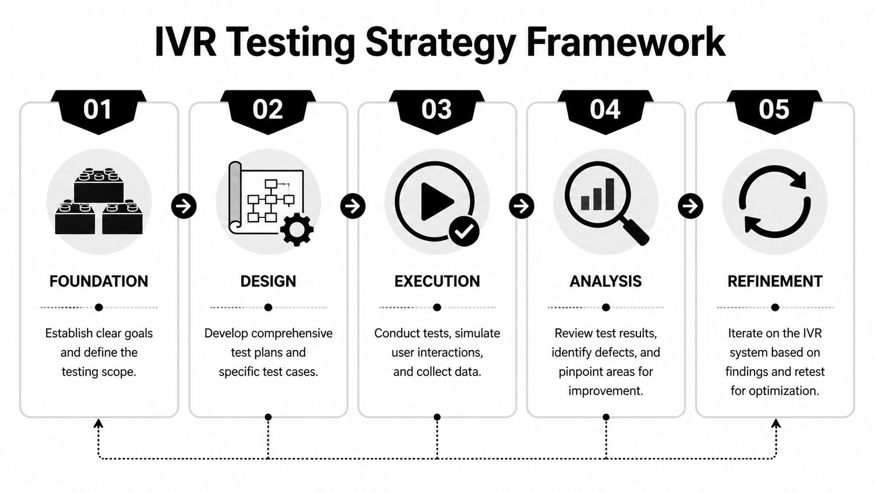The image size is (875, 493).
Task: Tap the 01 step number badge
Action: (x=98, y=110)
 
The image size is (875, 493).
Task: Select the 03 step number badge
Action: (x=436, y=110)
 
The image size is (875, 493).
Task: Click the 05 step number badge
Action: (x=774, y=110)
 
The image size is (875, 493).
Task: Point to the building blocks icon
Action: (x=99, y=202)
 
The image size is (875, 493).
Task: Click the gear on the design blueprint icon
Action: (x=297, y=229)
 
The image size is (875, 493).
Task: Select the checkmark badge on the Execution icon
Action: (x=464, y=231)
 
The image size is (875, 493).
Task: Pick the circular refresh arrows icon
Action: (x=775, y=202)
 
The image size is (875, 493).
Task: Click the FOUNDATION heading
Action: (x=99, y=281)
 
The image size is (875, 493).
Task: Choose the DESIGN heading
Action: (x=268, y=281)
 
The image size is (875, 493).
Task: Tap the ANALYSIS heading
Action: (x=605, y=281)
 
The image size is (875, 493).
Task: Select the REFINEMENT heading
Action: (x=775, y=281)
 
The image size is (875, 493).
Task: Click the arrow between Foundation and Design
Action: (x=184, y=206)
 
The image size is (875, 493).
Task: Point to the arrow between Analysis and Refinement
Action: (x=690, y=206)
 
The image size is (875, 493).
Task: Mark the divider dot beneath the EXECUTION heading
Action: (x=437, y=308)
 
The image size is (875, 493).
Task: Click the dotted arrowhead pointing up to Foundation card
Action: (x=98, y=423)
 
